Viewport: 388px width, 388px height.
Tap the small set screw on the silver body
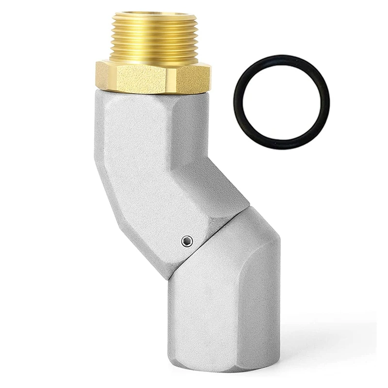coord(187,241)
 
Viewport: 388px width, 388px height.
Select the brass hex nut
coord(153,78)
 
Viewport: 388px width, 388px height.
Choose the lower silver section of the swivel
coord(223,301)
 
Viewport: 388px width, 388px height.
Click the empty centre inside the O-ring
coord(281,102)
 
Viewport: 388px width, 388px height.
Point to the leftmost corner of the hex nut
coord(97,76)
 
